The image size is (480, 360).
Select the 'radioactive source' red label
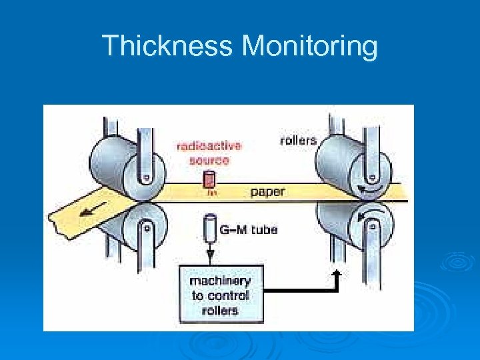209,153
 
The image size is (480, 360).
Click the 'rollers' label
297,141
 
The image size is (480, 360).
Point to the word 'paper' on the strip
267,192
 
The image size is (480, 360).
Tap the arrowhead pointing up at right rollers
337,273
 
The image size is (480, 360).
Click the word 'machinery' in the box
220,281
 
